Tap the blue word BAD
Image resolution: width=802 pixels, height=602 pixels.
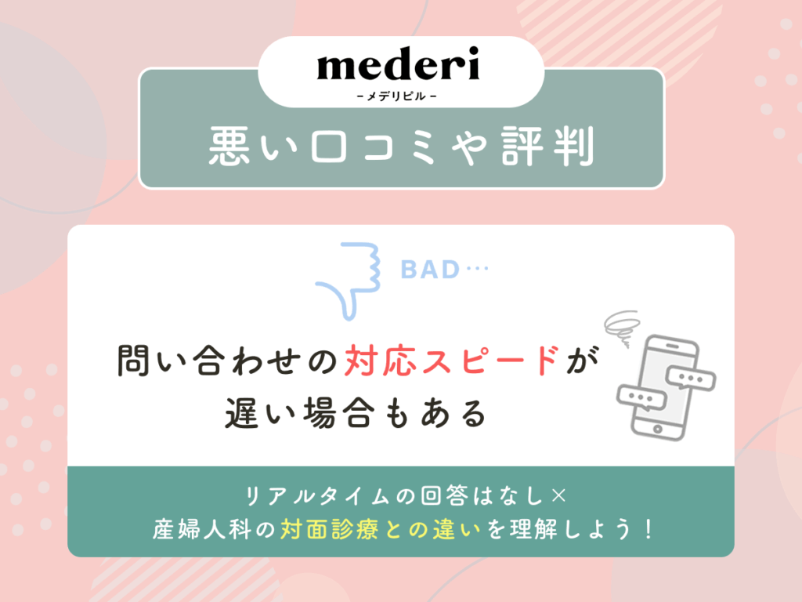429,270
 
